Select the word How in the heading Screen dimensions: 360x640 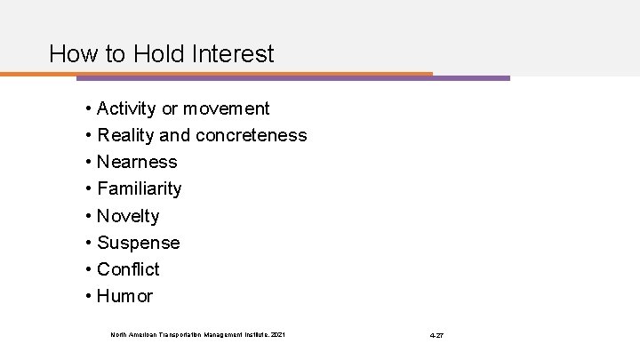coord(70,53)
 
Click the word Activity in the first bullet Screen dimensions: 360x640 coord(127,109)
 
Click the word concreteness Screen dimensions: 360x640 coord(254,136)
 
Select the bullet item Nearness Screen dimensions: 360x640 coord(137,163)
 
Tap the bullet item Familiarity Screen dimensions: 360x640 coord(140,189)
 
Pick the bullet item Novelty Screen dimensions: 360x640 coord(128,216)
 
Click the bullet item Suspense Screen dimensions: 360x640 coord(139,243)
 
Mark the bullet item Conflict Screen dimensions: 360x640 coord(128,269)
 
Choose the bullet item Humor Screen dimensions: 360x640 coord(124,296)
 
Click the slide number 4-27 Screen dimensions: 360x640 coord(436,334)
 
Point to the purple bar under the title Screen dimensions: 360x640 coord(471,77)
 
